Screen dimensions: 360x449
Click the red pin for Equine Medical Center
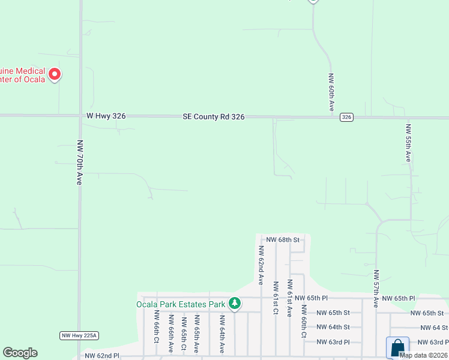point(54,74)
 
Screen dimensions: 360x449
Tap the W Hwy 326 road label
point(106,116)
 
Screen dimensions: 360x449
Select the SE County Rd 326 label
point(214,117)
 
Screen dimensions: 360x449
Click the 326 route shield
point(346,117)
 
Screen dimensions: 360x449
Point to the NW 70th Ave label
point(79,163)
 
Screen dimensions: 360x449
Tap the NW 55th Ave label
point(408,143)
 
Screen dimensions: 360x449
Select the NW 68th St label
point(282,239)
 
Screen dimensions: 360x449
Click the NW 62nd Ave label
point(261,265)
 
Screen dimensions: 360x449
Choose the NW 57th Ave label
point(376,289)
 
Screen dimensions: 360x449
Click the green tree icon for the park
point(235,304)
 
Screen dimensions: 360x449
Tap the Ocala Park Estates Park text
point(181,304)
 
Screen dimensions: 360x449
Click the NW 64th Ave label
point(221,334)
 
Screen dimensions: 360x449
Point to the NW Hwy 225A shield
point(79,335)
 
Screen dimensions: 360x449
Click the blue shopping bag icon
point(397,347)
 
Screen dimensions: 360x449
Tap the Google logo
point(20,353)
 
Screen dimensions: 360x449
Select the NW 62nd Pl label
point(103,356)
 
